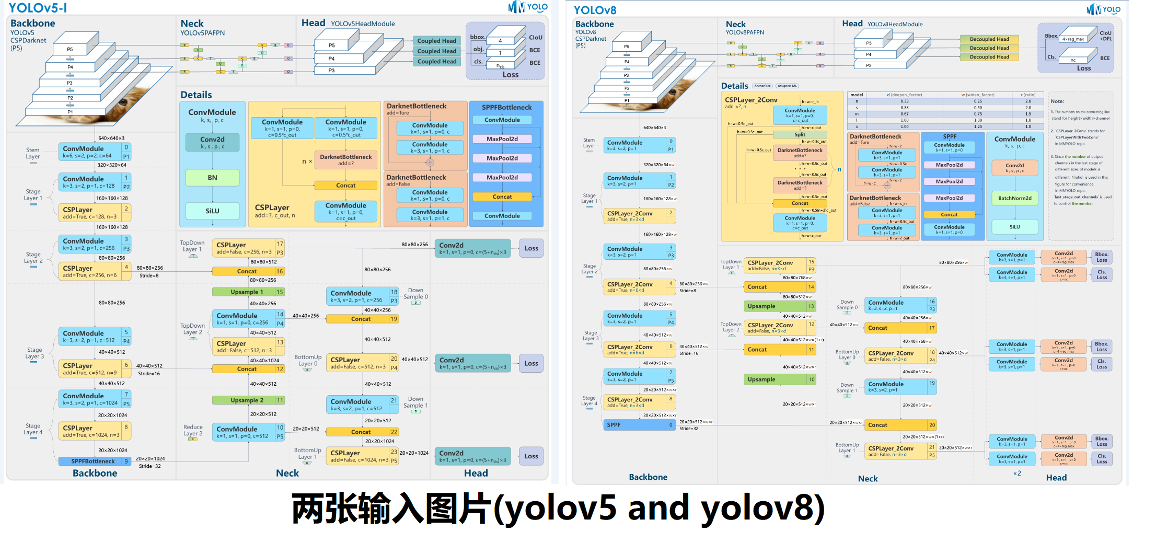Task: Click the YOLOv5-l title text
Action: point(38,8)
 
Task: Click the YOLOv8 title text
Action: point(595,10)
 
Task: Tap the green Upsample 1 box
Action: point(247,292)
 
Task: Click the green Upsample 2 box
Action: point(247,400)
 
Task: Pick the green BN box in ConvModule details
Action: point(212,178)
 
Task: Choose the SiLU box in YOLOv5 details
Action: point(212,211)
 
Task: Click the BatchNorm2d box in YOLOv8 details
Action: point(1014,198)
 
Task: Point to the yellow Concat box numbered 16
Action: point(247,271)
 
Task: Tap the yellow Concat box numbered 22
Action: point(361,432)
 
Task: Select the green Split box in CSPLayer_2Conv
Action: point(800,135)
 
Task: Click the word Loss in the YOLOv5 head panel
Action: point(510,75)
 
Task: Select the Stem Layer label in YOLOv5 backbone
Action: point(33,153)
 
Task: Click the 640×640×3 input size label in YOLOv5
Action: point(111,138)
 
